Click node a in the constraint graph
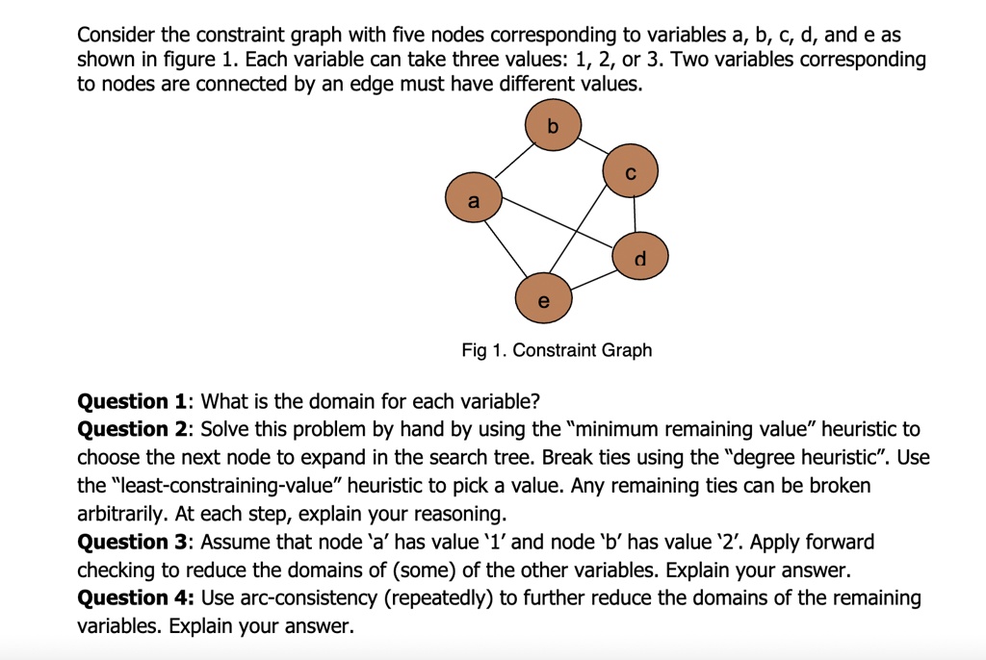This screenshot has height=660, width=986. pyautogui.click(x=473, y=201)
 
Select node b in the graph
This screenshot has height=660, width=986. pyautogui.click(x=553, y=127)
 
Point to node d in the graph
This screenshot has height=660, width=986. pyautogui.click(x=640, y=256)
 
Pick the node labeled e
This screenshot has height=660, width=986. pyautogui.click(x=544, y=299)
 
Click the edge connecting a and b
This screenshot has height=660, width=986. pyautogui.click(x=513, y=164)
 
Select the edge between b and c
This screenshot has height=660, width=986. pyautogui.click(x=592, y=150)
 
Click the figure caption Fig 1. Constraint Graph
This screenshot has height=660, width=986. pyautogui.click(x=557, y=350)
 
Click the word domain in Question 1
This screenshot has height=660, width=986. pyautogui.click(x=345, y=401)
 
